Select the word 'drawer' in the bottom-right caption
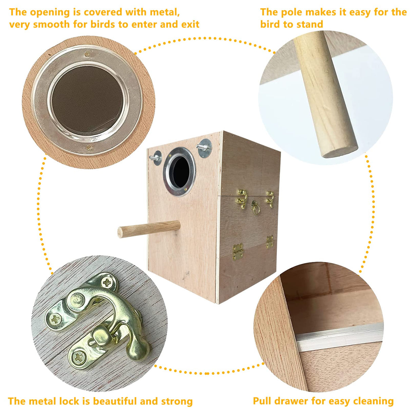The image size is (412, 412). pos(292,401)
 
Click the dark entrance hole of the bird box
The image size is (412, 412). pos(180,172)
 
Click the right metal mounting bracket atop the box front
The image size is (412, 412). pos(204,148)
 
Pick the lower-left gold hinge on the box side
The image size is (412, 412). pos(238,251)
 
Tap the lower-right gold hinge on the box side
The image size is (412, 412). pos(270,242)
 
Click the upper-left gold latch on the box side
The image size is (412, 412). pos(242,199)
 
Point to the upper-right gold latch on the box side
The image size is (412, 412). pos(270,199)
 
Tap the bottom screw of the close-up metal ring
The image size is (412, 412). pos(88,147)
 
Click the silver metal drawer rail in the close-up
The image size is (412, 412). pos(339,336)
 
